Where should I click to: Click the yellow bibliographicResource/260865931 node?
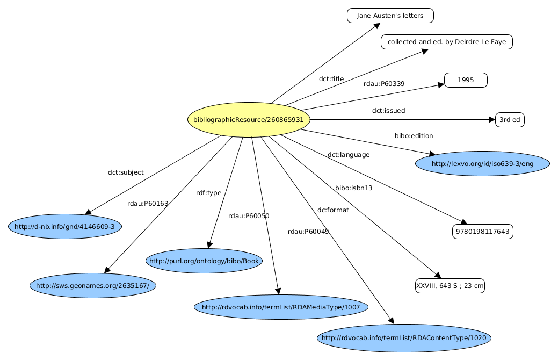(x=249, y=119)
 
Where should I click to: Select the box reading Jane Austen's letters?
(x=390, y=16)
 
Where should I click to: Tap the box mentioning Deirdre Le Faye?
(x=447, y=42)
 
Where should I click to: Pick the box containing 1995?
(x=466, y=80)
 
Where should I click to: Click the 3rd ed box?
(x=510, y=120)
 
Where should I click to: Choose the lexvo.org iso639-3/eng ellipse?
(x=482, y=163)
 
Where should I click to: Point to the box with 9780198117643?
(x=483, y=232)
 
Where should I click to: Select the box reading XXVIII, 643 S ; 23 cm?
(x=450, y=286)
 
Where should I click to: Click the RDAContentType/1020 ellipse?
(x=404, y=338)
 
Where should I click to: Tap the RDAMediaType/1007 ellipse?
(x=281, y=307)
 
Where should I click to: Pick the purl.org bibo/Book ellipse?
(x=204, y=261)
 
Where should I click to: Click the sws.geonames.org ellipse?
(x=92, y=285)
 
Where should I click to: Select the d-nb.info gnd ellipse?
(x=65, y=226)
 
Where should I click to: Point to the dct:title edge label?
(x=331, y=79)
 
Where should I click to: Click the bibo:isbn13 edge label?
(x=353, y=188)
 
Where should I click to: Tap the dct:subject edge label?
(x=126, y=172)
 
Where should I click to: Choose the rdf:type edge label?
(x=208, y=193)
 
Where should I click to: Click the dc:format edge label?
(x=333, y=210)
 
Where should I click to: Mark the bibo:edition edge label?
(x=414, y=136)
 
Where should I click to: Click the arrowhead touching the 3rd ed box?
(x=491, y=120)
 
